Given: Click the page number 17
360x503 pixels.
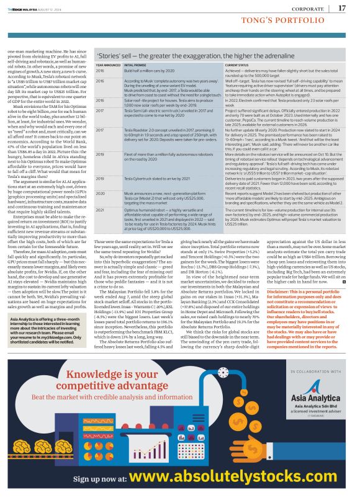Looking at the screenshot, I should click(x=341, y=8).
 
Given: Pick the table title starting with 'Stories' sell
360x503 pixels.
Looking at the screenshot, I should click(x=200, y=52).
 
